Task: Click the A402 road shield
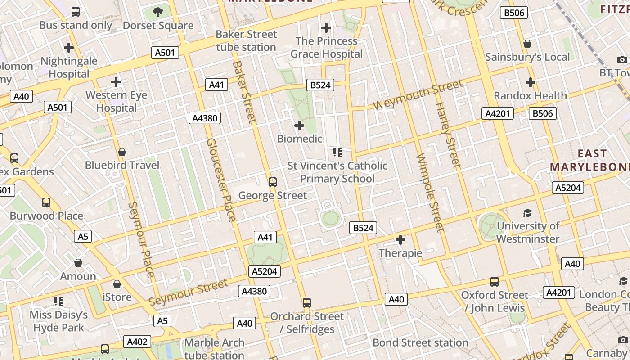coord(137,342)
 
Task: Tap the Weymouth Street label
coord(418,94)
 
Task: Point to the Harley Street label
coord(448,135)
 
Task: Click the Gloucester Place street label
coord(220,180)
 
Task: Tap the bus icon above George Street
coord(272,182)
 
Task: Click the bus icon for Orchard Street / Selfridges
coord(307,303)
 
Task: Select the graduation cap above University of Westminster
coord(527,213)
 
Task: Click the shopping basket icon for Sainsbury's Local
coord(527,44)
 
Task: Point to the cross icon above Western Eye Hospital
coord(116,82)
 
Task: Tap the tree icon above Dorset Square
coord(157,12)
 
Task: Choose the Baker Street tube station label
coord(246,40)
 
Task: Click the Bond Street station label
coord(420,342)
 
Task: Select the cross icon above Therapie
coord(400,240)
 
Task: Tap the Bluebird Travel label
coord(122,165)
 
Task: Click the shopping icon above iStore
coord(117,284)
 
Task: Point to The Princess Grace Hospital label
coord(326,47)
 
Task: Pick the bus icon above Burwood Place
coord(46,202)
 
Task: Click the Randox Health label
coord(530,95)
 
